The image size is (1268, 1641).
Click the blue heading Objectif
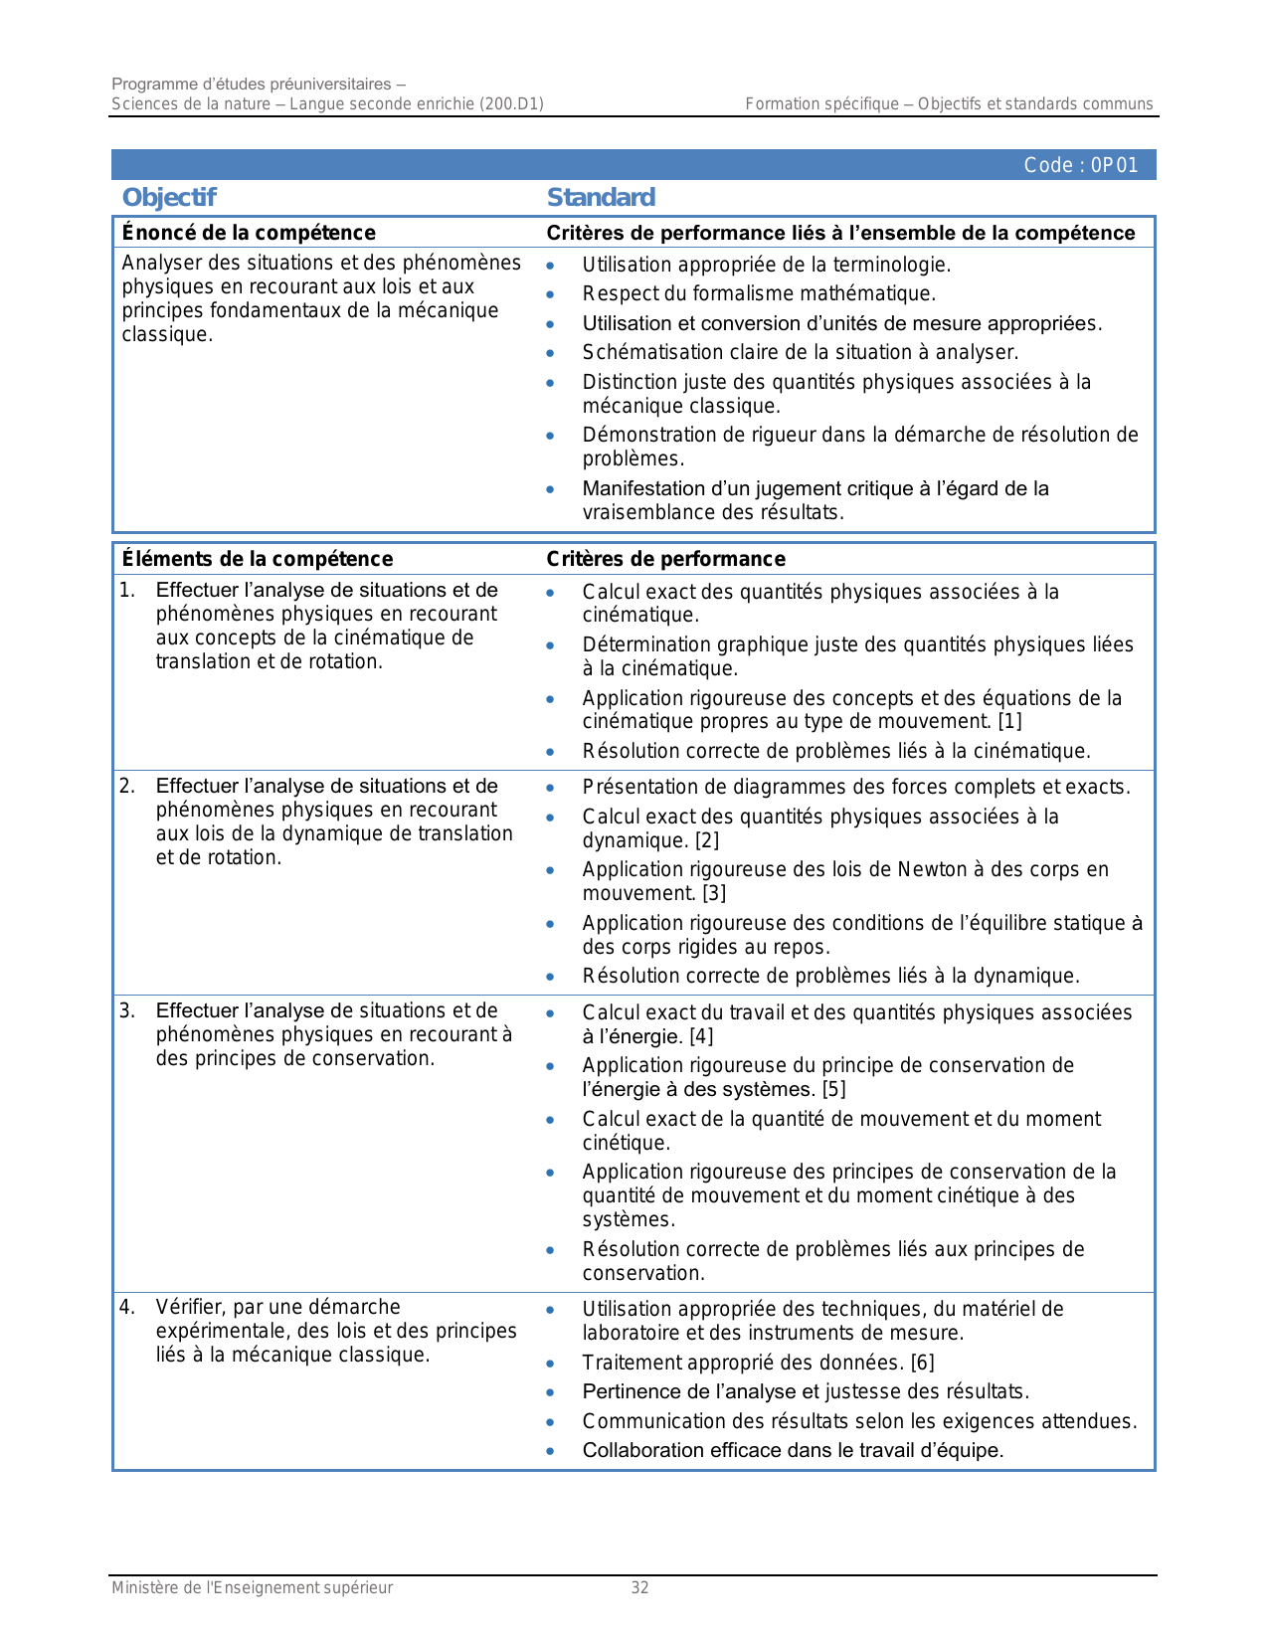point(169,197)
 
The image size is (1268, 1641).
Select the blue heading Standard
point(601,197)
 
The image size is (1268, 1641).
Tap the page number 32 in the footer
point(639,1588)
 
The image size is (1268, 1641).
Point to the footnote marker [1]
point(1009,721)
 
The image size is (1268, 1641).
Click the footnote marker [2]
point(706,840)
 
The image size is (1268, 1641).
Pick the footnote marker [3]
point(713,893)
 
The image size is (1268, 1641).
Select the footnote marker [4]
point(701,1036)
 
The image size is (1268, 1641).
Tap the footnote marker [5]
point(833,1089)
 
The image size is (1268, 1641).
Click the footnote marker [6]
point(922,1363)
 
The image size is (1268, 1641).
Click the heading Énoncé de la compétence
point(249,233)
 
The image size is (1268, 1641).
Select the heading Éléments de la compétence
point(258,559)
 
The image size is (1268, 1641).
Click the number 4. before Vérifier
point(127,1307)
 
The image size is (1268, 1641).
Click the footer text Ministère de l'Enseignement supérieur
point(252,1588)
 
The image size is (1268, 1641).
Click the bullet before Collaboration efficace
point(550,1451)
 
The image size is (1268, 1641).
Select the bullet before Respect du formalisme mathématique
point(550,294)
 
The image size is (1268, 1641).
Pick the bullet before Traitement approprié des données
point(550,1364)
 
